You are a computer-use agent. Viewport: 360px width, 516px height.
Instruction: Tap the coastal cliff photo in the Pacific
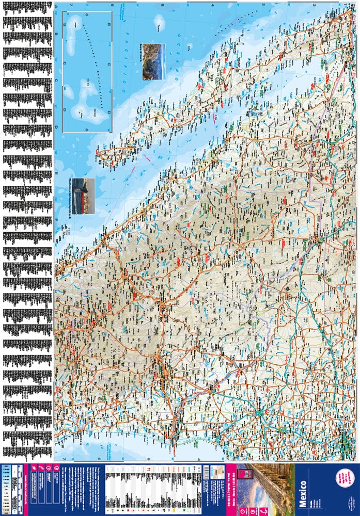[x=154, y=62]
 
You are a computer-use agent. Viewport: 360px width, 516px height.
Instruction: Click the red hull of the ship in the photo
[x=83, y=199]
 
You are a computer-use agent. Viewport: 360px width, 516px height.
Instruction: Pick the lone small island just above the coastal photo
[x=159, y=22]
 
